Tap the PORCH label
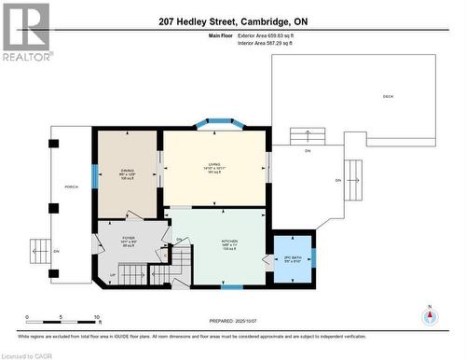click(71, 186)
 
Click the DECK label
click(388, 97)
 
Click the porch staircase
click(39, 251)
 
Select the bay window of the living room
click(215, 122)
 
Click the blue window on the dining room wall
click(93, 174)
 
